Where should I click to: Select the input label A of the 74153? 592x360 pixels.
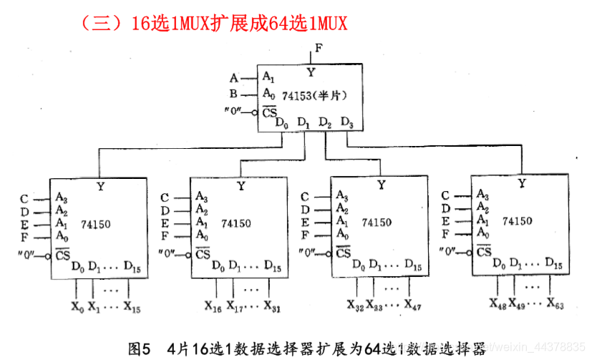(233, 77)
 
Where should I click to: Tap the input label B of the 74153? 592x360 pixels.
(233, 94)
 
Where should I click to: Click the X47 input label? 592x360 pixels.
(413, 304)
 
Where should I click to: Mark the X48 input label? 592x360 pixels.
(498, 303)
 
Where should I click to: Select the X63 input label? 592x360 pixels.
(555, 303)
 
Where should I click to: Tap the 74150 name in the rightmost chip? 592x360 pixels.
(517, 221)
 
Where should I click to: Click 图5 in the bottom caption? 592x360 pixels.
(140, 349)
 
